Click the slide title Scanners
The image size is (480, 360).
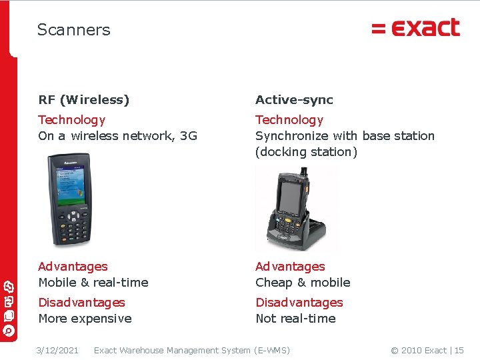[73, 30]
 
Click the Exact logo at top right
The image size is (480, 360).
[415, 28]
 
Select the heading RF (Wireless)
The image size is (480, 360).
[84, 100]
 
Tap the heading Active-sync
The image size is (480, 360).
[294, 100]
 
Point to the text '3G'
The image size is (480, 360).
[189, 136]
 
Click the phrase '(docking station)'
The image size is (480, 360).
[306, 152]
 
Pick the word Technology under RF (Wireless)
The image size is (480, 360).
[72, 120]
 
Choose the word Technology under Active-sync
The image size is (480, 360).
[289, 120]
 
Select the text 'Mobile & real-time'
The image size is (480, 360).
[93, 283]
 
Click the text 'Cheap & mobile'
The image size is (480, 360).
[303, 283]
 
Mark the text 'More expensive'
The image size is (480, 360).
[85, 319]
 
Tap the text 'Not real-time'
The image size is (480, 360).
[295, 319]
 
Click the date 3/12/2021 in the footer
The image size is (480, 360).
[57, 351]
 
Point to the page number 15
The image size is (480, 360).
[459, 351]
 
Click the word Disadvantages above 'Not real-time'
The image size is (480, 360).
[299, 303]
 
